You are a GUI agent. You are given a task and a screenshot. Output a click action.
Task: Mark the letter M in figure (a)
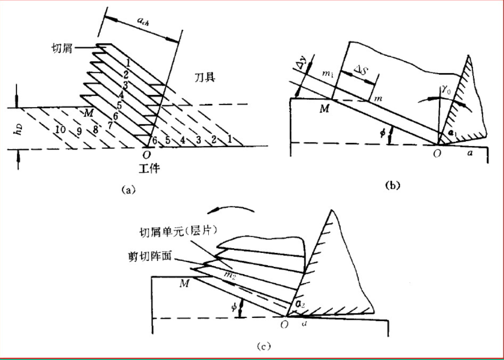pyautogui.click(x=89, y=113)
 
